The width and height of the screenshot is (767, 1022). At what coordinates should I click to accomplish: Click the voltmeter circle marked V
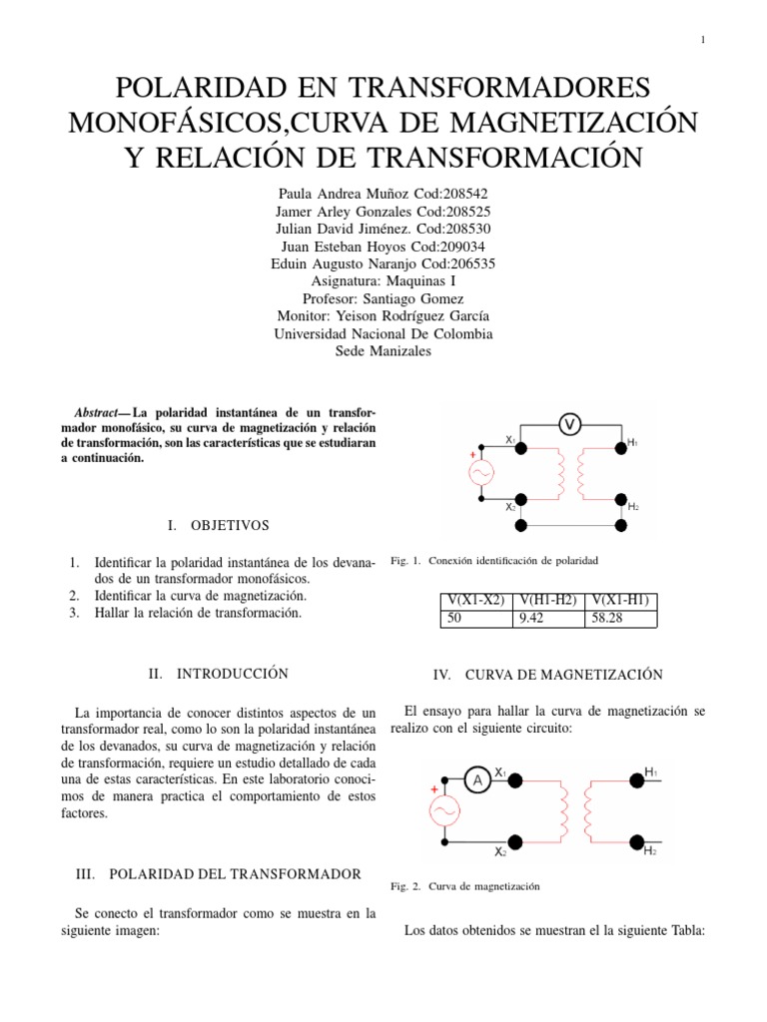coord(570,425)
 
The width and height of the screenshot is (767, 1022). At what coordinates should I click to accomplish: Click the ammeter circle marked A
coord(478,781)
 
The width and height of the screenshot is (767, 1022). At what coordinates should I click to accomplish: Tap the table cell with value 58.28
coord(620,619)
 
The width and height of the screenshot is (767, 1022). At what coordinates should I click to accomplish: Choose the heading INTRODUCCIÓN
coord(233,674)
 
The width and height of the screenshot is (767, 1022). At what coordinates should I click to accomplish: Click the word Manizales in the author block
coord(400,352)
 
